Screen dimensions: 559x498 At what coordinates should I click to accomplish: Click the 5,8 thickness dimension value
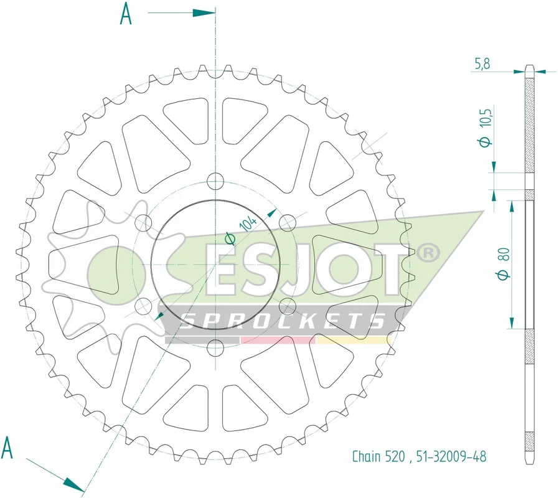(x=482, y=64)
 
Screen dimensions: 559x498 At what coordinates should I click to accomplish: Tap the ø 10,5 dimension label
(x=485, y=126)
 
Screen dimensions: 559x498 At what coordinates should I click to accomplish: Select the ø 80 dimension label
(x=504, y=264)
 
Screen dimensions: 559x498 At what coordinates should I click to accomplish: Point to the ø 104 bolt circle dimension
(x=241, y=231)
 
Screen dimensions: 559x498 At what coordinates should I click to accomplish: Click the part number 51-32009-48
(x=451, y=456)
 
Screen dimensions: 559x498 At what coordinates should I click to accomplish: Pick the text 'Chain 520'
(x=378, y=456)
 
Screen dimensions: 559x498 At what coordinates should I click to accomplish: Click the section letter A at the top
(x=126, y=14)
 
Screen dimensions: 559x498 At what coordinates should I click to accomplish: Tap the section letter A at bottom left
(x=7, y=448)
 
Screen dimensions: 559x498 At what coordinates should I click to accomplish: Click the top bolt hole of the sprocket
(x=215, y=181)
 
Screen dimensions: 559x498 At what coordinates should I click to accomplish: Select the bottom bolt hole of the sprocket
(x=215, y=348)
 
